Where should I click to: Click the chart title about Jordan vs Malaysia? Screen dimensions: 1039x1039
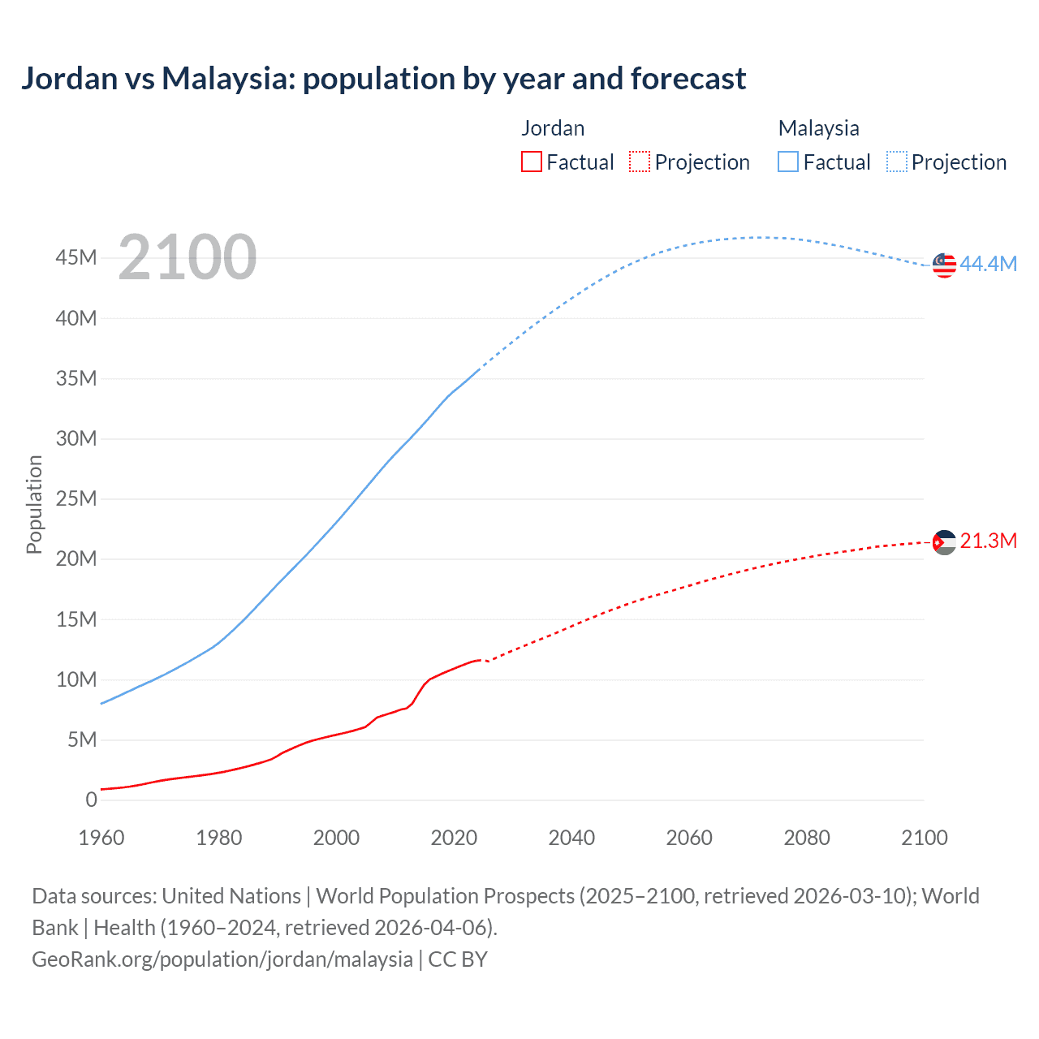pyautogui.click(x=383, y=79)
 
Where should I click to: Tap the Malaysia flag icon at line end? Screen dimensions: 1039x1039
pyautogui.click(x=944, y=265)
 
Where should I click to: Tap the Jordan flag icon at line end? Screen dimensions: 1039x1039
pyautogui.click(x=944, y=542)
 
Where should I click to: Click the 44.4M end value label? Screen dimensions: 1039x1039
pyautogui.click(x=988, y=264)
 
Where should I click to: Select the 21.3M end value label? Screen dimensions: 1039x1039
pyautogui.click(x=988, y=541)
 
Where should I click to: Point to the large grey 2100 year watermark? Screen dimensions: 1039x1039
pyautogui.click(x=188, y=258)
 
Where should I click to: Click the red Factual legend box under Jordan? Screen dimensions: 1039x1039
pyautogui.click(x=532, y=162)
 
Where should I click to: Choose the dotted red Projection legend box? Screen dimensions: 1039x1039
pyautogui.click(x=640, y=162)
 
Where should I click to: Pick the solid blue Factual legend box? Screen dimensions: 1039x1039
pyautogui.click(x=788, y=162)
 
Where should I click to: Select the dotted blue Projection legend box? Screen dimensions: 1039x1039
pyautogui.click(x=897, y=162)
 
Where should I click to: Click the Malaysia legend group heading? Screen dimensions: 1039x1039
pyautogui.click(x=818, y=128)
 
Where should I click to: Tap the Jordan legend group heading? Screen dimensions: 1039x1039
pyautogui.click(x=553, y=128)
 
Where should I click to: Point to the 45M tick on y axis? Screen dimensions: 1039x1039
pyautogui.click(x=76, y=257)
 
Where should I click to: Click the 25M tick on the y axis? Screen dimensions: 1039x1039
pyautogui.click(x=76, y=498)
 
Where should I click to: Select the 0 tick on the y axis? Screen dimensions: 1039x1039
pyautogui.click(x=91, y=800)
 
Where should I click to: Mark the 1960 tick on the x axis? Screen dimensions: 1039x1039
pyautogui.click(x=101, y=838)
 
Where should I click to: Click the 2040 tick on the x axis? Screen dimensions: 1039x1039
pyautogui.click(x=571, y=838)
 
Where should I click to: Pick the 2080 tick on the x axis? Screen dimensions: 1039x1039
pyautogui.click(x=807, y=838)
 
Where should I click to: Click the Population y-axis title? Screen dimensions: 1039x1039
pyautogui.click(x=34, y=504)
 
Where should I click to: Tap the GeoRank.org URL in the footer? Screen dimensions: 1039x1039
pyautogui.click(x=222, y=959)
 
